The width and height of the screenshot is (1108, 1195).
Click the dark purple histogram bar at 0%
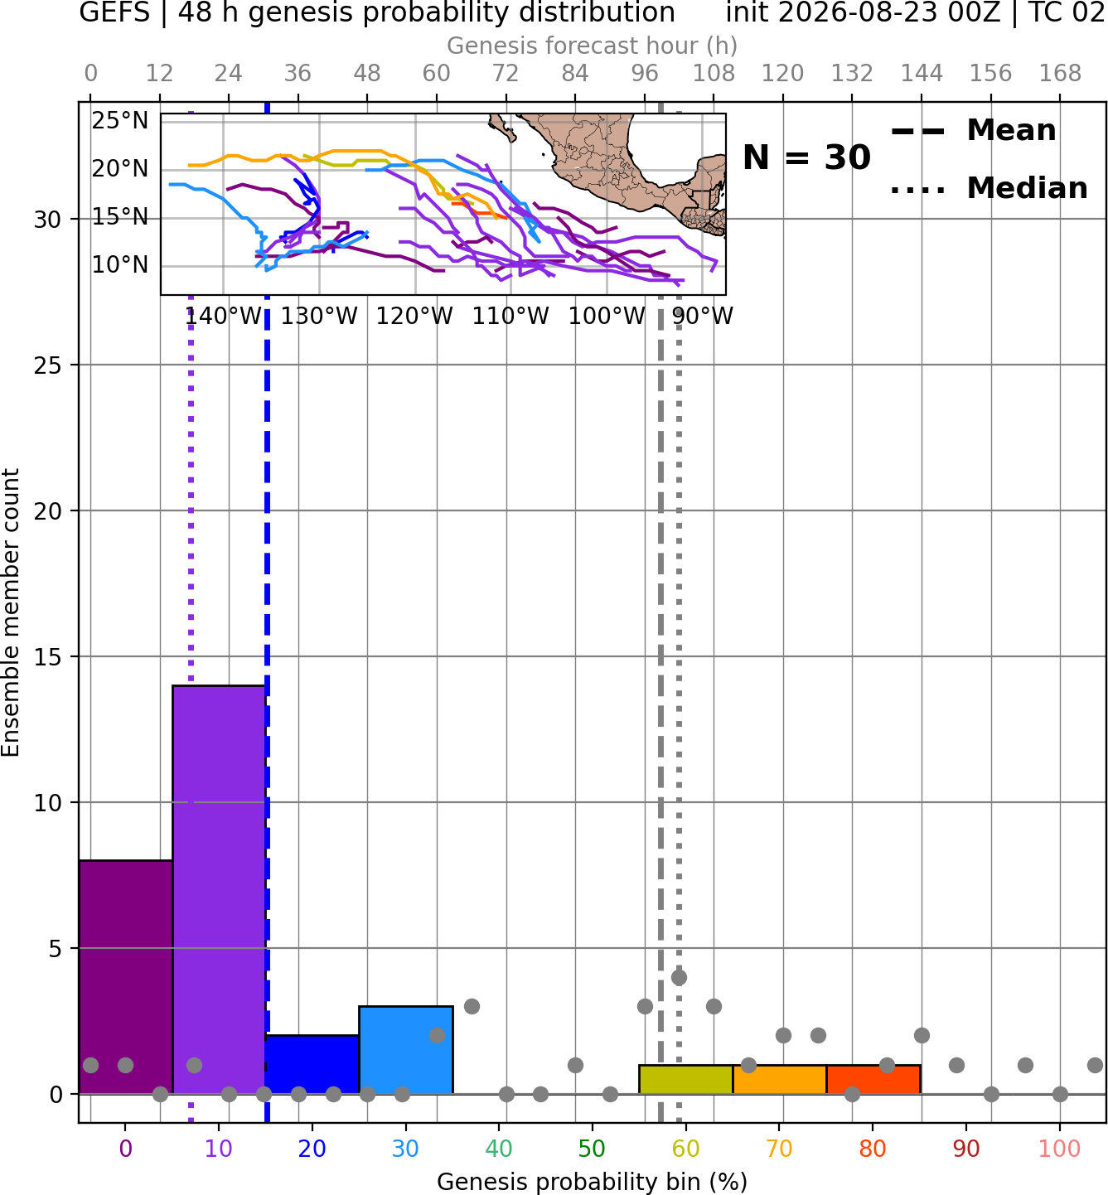click(126, 977)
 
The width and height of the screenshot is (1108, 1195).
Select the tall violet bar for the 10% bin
click(219, 889)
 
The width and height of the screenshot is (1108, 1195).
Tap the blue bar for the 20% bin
click(312, 1064)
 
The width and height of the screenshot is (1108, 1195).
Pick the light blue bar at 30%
click(405, 1050)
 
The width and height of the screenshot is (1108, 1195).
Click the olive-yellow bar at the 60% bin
click(685, 1080)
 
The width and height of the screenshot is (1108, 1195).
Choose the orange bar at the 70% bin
click(779, 1080)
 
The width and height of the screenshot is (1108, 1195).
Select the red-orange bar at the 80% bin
click(873, 1080)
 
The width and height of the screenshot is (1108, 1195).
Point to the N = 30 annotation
click(806, 157)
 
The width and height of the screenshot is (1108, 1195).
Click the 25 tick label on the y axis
click(48, 365)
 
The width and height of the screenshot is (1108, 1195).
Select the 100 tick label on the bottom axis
click(1059, 1149)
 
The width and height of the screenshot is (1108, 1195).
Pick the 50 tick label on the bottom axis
click(592, 1149)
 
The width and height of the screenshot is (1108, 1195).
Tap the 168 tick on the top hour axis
click(1060, 74)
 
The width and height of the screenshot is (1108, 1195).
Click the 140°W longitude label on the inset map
click(223, 316)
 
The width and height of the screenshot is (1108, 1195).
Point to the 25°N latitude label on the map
click(120, 121)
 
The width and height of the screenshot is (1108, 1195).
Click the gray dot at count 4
click(679, 977)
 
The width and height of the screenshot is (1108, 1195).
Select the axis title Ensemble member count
click(10, 612)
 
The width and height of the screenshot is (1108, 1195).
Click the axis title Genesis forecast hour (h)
click(592, 46)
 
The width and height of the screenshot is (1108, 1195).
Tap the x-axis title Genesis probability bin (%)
click(592, 1182)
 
